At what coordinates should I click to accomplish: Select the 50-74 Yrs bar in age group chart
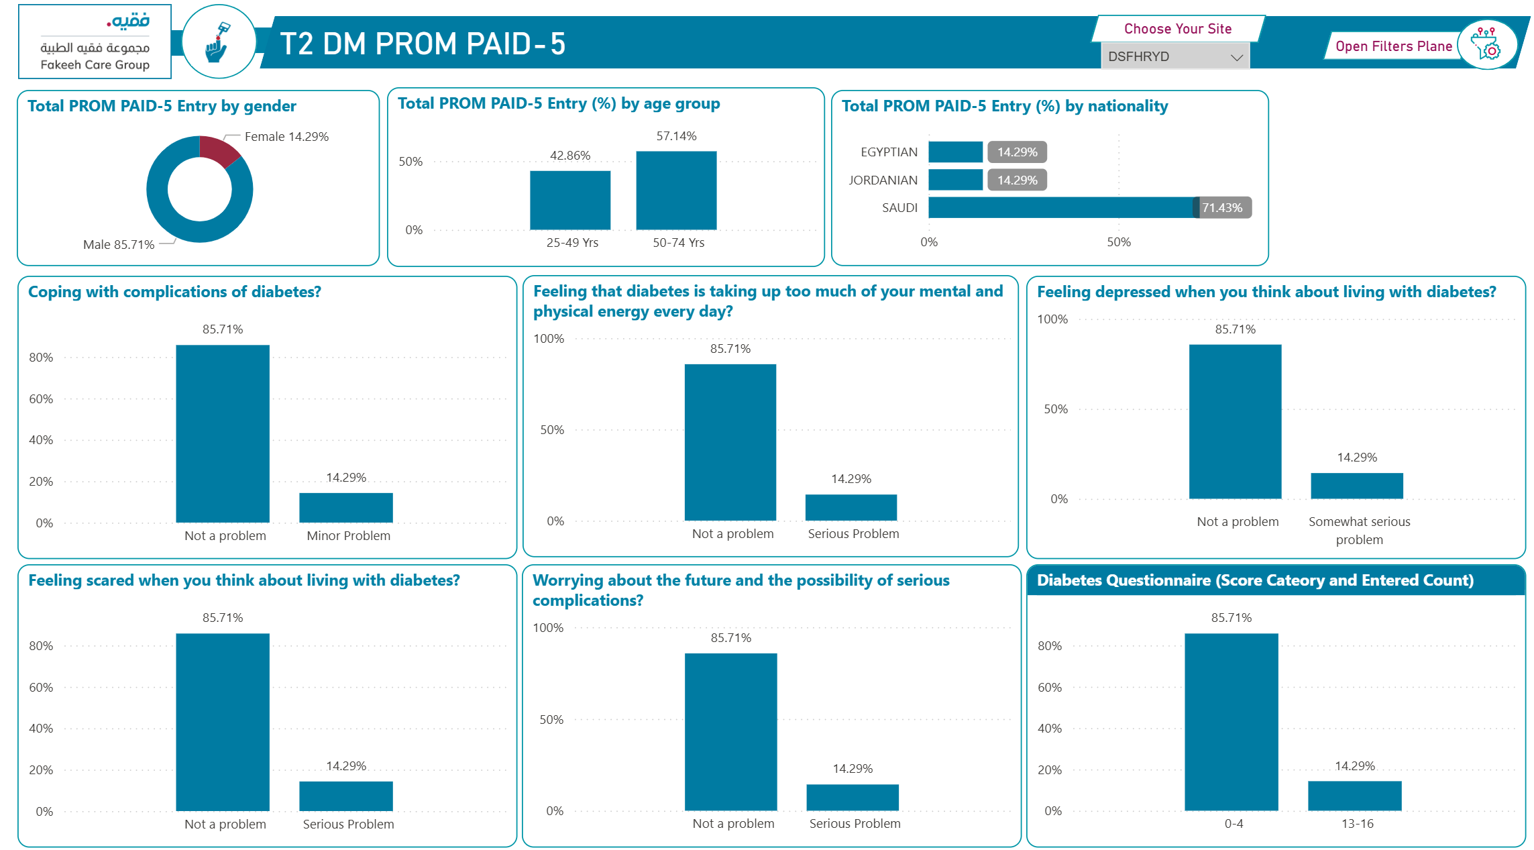click(x=676, y=191)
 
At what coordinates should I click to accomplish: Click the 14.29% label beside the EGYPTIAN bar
click(x=1017, y=152)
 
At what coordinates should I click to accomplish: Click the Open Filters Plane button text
click(x=1393, y=46)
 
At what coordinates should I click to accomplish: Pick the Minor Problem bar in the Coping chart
click(x=346, y=508)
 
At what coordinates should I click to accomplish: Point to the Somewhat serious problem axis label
click(x=1359, y=530)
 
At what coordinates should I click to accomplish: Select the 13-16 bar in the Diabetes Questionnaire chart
click(x=1354, y=796)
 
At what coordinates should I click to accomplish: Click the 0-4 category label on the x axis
click(x=1234, y=824)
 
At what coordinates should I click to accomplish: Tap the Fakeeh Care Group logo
click(x=95, y=42)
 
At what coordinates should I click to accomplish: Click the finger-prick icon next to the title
click(x=218, y=42)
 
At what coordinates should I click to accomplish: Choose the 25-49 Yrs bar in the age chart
click(x=570, y=200)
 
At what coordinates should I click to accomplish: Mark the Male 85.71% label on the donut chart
click(x=119, y=245)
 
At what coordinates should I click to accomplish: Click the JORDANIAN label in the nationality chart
click(x=883, y=180)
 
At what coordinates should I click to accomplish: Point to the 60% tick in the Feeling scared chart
click(x=41, y=688)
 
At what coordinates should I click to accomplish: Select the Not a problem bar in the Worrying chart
click(x=730, y=732)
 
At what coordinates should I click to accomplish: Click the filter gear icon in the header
click(x=1487, y=44)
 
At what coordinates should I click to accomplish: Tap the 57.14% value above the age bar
click(x=676, y=136)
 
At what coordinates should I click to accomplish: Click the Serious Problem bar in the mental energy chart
click(x=851, y=508)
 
